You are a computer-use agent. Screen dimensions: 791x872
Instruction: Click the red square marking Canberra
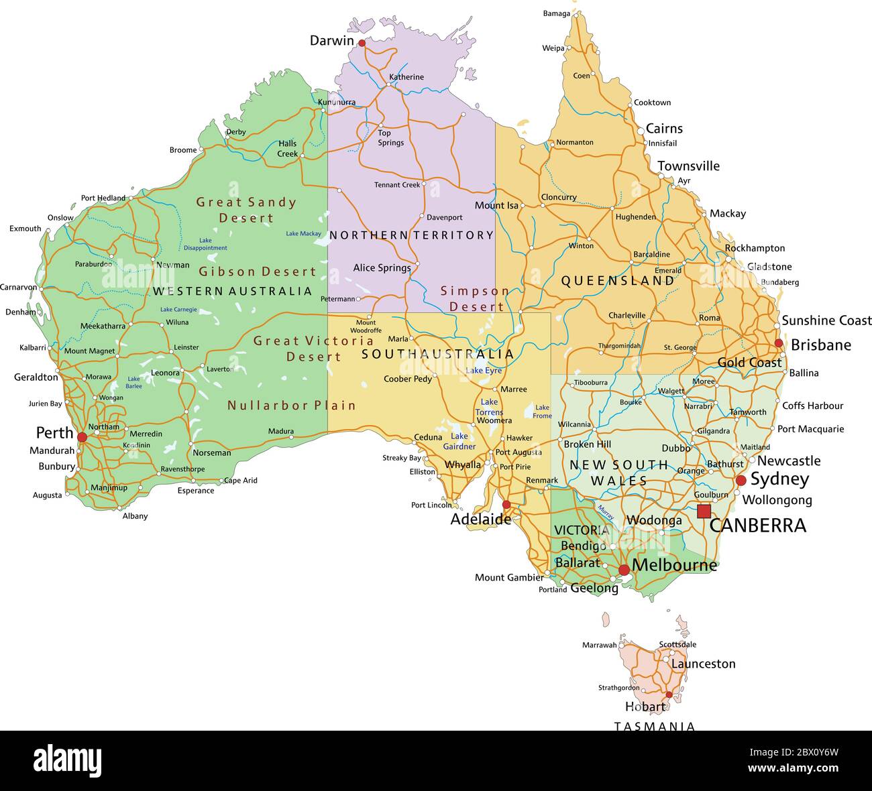click(x=704, y=511)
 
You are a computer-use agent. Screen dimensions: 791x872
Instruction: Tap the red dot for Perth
click(x=82, y=437)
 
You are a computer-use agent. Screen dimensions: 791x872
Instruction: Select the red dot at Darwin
click(x=362, y=43)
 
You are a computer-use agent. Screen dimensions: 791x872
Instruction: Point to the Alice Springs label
click(x=382, y=268)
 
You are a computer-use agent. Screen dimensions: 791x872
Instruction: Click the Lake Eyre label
click(x=484, y=371)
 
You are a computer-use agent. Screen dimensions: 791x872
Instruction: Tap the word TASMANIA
click(x=655, y=726)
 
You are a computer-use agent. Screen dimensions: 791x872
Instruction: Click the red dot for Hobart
click(x=669, y=694)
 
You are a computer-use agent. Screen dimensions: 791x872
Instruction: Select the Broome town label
click(x=183, y=150)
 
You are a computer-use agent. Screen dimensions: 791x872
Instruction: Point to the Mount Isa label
click(x=496, y=206)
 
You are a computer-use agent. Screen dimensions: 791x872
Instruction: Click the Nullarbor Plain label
click(x=291, y=406)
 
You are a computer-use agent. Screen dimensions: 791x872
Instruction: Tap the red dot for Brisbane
click(x=779, y=343)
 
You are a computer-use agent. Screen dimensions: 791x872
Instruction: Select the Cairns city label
click(x=664, y=129)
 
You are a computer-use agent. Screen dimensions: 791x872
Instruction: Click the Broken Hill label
click(x=587, y=444)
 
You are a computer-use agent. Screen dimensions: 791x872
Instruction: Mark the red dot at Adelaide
click(x=506, y=505)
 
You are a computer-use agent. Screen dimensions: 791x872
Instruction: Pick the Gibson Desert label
click(x=257, y=271)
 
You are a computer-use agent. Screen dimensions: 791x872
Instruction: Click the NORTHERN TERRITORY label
click(x=411, y=235)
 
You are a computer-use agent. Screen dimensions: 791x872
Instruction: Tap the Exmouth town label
click(x=25, y=229)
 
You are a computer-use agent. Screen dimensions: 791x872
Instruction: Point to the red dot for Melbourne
click(x=624, y=570)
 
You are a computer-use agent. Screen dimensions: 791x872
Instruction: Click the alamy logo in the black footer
click(x=67, y=761)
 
